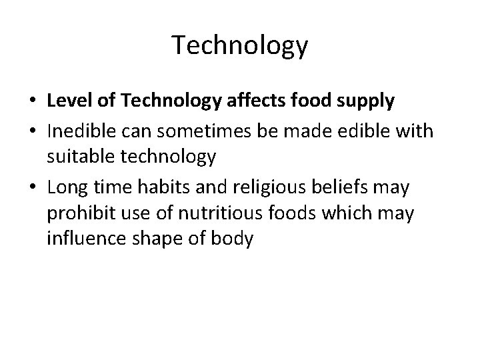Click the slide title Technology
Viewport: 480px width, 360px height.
pyautogui.click(x=240, y=46)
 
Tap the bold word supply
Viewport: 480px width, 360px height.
pyautogui.click(x=369, y=102)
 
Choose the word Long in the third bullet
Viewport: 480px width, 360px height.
pyautogui.click(x=65, y=187)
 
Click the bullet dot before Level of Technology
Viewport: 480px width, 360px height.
pyautogui.click(x=33, y=102)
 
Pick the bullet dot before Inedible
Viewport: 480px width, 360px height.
pyautogui.click(x=33, y=132)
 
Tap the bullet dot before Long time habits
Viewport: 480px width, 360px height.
pyautogui.click(x=33, y=188)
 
